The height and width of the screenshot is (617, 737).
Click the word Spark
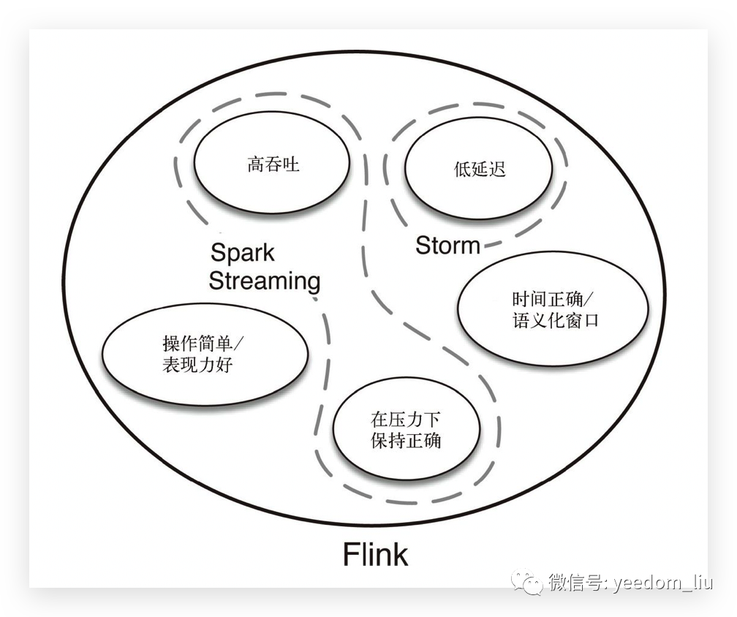point(242,253)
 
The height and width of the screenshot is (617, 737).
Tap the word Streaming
point(265,281)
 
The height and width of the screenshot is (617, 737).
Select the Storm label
point(447,246)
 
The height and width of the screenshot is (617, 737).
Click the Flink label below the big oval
point(375,555)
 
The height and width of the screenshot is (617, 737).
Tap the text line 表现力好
point(197,364)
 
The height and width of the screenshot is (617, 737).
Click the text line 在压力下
point(406,420)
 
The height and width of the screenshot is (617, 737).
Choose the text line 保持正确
point(406,441)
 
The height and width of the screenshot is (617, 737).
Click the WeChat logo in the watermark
point(527,583)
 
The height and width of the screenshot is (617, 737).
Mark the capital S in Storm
point(423,246)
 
